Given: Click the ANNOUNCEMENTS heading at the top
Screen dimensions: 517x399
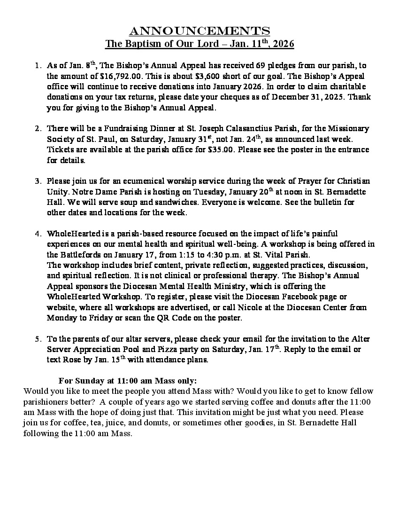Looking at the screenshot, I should pyautogui.click(x=199, y=31).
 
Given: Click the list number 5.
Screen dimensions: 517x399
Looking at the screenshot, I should pyautogui.click(x=38, y=339).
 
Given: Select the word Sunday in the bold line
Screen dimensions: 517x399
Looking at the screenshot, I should pyautogui.click(x=88, y=381).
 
